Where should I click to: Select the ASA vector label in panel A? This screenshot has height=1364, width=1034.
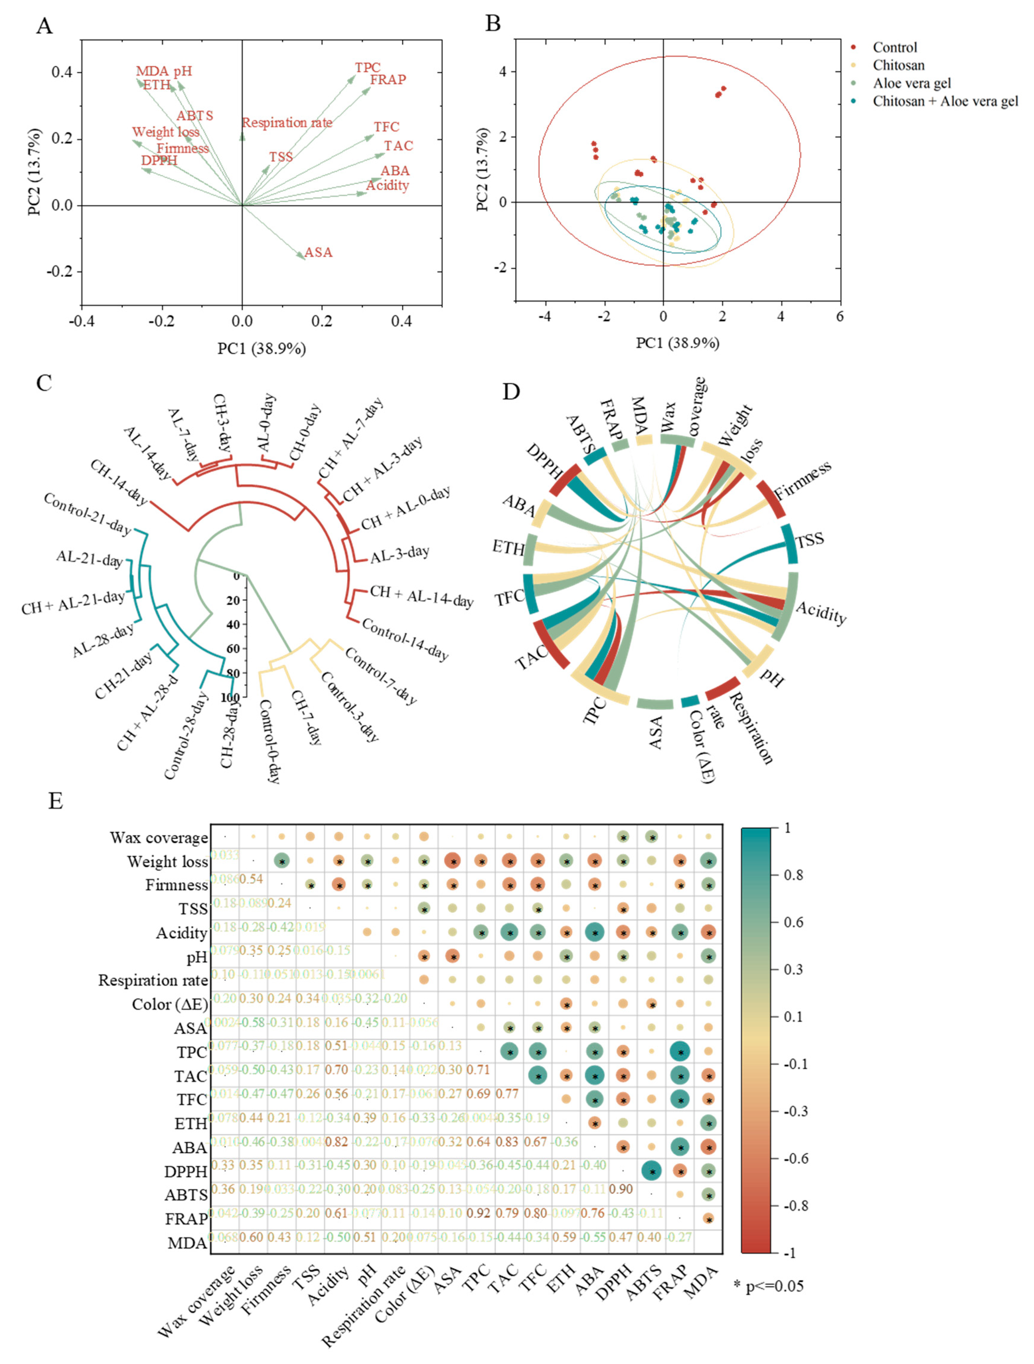318,252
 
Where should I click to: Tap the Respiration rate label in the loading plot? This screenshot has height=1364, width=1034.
287,123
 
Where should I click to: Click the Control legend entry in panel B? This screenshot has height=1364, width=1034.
894,47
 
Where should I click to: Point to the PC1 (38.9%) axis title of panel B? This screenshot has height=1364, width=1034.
677,343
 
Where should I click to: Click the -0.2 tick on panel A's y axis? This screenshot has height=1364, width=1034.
59,271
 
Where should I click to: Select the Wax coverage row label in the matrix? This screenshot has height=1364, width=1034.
158,837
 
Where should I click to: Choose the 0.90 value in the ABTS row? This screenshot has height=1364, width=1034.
621,1189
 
